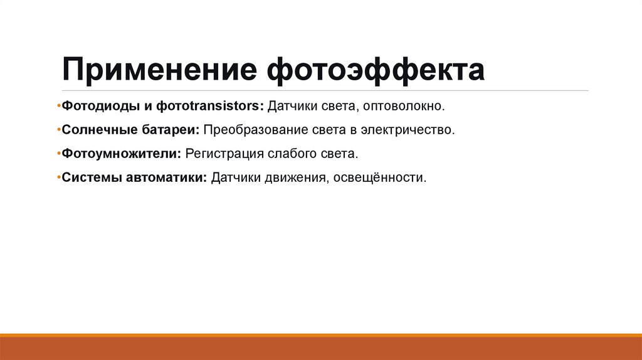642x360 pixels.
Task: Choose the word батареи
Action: click(171, 130)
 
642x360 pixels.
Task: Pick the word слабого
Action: click(298, 154)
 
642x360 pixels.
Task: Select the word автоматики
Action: click(167, 177)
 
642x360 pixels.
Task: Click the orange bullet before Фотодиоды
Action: click(58, 106)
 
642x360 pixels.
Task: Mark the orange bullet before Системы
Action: click(58, 177)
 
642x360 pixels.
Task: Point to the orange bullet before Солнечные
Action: click(58, 130)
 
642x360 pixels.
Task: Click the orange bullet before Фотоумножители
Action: click(58, 154)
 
